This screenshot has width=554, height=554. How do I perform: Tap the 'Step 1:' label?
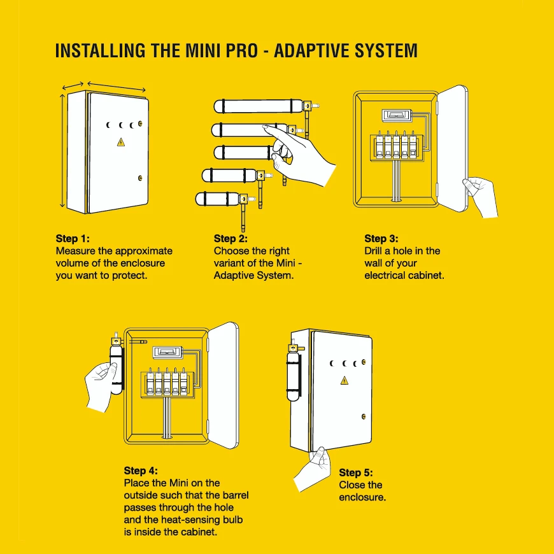coord(73,239)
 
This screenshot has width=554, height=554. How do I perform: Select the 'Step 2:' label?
coord(231,239)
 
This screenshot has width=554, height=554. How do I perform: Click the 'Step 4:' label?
coord(140,471)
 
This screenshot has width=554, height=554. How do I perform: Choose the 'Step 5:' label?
coord(356,472)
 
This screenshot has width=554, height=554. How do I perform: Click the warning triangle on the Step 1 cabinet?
coord(121,142)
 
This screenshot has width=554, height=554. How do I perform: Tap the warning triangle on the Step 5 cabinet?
coord(344,380)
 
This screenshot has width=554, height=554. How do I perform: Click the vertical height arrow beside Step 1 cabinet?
coord(62,150)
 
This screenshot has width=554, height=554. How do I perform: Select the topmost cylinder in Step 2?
coord(259,105)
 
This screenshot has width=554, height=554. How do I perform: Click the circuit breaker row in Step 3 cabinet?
coord(395,145)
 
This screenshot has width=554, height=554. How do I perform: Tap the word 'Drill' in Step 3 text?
coord(375,251)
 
